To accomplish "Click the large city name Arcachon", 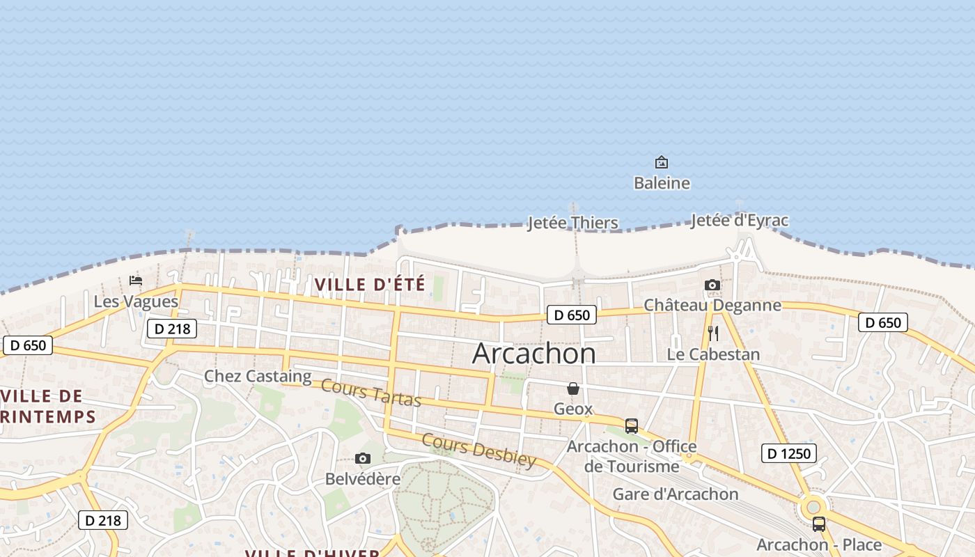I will point(533,354).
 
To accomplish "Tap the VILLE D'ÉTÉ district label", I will point(369,284).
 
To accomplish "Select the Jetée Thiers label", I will point(572,223).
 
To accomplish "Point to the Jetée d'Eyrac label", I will point(740,221).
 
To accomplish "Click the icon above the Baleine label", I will point(662,163).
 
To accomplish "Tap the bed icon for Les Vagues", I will point(136,280).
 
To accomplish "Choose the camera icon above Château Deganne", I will point(712,285).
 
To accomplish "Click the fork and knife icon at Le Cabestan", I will point(712,334).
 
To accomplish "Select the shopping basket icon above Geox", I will point(573,389).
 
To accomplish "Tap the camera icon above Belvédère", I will point(362,458).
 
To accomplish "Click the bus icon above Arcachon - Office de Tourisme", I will point(632,425).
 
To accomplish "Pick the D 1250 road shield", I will point(788,453).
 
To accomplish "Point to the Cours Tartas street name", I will point(371,393).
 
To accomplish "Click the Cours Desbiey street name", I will point(479,450).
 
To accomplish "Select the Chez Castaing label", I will point(258,377).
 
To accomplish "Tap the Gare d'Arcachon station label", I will point(675,494).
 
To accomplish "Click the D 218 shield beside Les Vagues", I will point(172,329).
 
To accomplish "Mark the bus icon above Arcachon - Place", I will point(819,524).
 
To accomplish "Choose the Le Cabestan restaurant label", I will point(713,354).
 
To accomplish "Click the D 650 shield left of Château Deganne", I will point(572,315).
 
